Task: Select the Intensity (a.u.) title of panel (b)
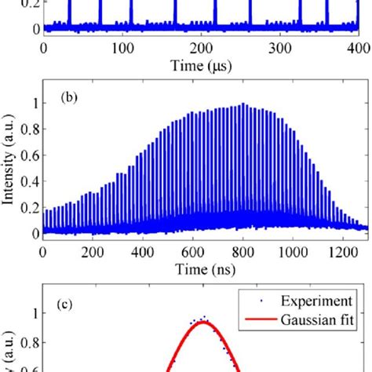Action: pyautogui.click(x=10, y=168)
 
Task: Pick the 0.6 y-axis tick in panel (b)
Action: pyautogui.click(x=31, y=155)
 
